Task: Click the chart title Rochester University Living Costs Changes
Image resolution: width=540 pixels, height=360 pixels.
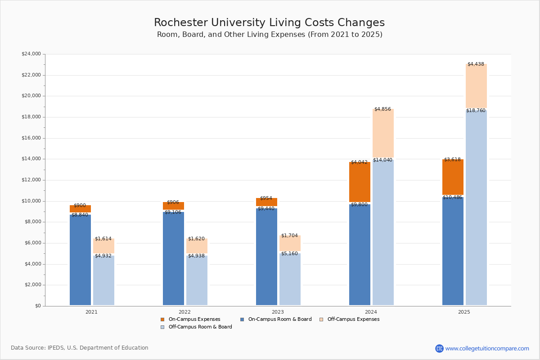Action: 269,22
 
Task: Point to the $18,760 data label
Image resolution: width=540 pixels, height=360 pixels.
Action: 476,110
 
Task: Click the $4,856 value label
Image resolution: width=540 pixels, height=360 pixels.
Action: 382,109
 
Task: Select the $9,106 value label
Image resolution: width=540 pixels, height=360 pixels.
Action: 173,212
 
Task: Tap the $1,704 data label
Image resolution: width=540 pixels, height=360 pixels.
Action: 289,235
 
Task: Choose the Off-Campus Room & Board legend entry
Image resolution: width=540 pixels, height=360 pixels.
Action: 200,327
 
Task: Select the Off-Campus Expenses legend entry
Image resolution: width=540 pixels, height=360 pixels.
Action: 353,319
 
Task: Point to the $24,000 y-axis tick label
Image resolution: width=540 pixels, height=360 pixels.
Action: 31,54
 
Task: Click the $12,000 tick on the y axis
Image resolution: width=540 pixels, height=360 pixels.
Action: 31,180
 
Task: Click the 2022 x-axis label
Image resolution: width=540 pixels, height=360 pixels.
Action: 184,312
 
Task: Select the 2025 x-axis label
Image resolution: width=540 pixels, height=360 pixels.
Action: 464,312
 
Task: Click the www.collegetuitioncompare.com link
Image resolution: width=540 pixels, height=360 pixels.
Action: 487,348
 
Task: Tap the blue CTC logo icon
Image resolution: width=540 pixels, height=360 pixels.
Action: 439,348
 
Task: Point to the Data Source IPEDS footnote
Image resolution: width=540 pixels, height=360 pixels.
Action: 80,348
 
